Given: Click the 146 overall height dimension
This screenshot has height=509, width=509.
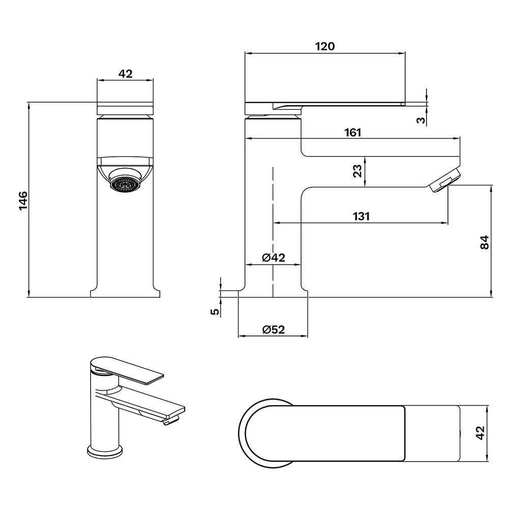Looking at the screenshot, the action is (x=23, y=201).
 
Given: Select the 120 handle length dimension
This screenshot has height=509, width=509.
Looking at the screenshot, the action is (x=325, y=46).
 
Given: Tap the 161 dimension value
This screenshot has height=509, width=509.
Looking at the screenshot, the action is (x=353, y=132).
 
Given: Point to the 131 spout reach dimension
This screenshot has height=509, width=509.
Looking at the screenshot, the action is (x=361, y=216).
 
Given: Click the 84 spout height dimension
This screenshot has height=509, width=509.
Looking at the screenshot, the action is (x=484, y=242).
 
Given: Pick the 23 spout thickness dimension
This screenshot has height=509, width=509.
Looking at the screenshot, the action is (x=357, y=171).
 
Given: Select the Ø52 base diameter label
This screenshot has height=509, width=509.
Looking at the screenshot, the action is (x=273, y=329).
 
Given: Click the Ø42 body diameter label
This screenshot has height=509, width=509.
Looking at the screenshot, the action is (x=273, y=258).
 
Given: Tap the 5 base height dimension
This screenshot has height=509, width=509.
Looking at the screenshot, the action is (x=215, y=312).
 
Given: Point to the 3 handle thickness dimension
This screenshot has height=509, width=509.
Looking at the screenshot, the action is (x=421, y=120).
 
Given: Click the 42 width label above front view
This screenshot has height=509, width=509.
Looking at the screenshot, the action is (x=125, y=74).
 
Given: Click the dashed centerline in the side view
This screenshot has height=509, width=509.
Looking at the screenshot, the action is (x=273, y=232).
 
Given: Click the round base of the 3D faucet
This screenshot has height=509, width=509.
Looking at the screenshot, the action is (x=105, y=452).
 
